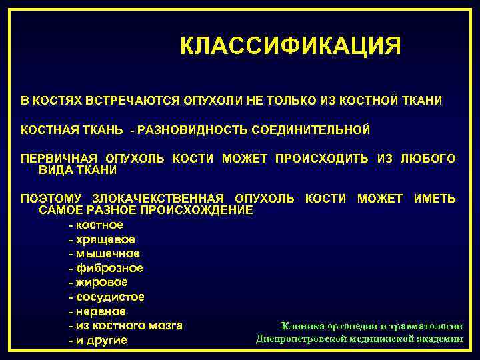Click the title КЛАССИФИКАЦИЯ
pos(291,47)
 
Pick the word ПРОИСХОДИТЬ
pos(322,159)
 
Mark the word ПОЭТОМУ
pos(51,199)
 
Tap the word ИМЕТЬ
pos(435,199)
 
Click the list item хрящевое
pos(105,239)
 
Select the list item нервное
pos(100,312)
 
